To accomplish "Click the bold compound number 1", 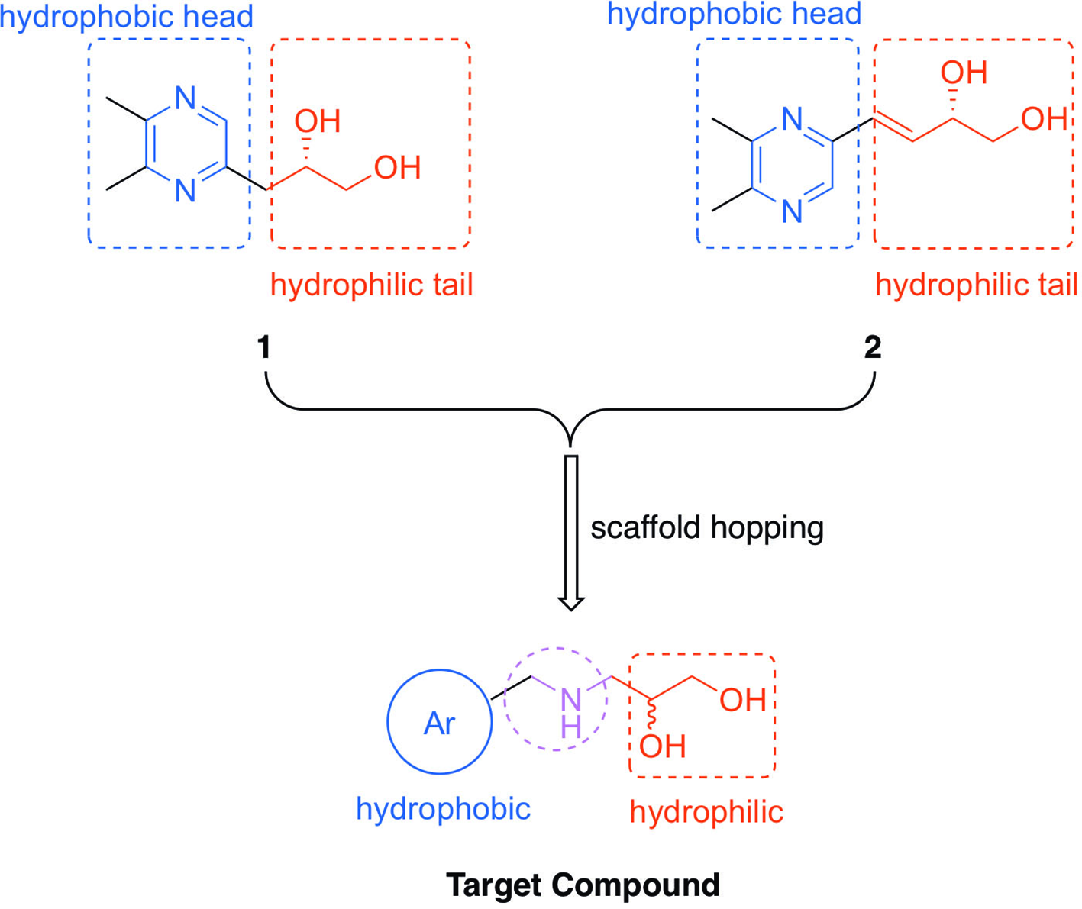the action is point(263,347).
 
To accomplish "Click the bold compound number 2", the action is point(873,347).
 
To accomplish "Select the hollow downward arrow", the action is point(571,533).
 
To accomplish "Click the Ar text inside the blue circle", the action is point(439,724).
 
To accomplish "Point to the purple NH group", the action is point(571,713).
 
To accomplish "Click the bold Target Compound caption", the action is point(583,885).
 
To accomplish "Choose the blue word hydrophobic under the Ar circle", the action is point(443,809).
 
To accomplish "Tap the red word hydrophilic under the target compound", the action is point(706,811).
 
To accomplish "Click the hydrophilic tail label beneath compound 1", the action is point(372,285).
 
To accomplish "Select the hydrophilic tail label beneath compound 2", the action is point(977,285).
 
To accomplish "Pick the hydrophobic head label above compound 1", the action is point(127,17).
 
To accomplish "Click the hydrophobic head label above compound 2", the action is point(734,15).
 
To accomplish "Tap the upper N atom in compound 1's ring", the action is point(186,98).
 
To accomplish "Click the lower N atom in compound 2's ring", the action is point(792,211).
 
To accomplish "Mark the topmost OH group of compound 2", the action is point(964,73).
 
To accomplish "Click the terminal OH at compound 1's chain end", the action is point(398,168).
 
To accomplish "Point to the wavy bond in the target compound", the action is point(651,714).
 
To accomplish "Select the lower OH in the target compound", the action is point(662,746).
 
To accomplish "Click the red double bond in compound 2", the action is point(893,128).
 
